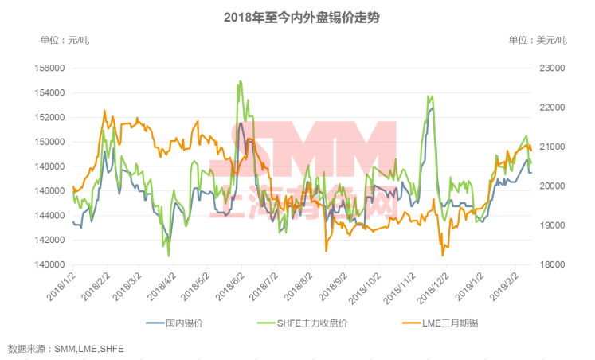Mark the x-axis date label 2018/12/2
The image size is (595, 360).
434,286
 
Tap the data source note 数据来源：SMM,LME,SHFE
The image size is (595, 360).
66,349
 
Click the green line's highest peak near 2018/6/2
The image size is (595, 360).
240,81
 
